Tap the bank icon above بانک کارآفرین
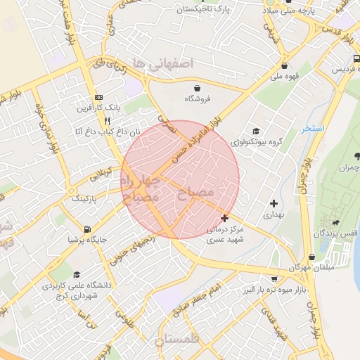pyautogui.click(x=98, y=97)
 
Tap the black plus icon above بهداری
pyautogui.click(x=274, y=203)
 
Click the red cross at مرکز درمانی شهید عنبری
pyautogui.click(x=224, y=218)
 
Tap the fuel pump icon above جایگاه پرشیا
pyautogui.click(x=86, y=229)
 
